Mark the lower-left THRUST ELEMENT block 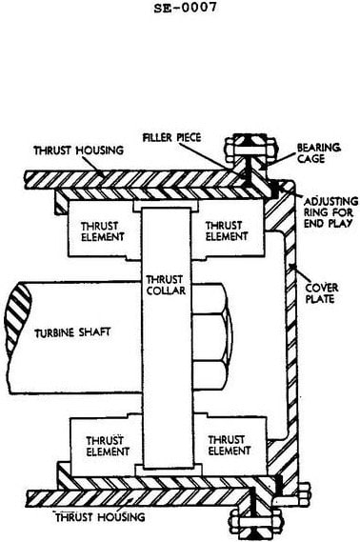pos(105,448)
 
